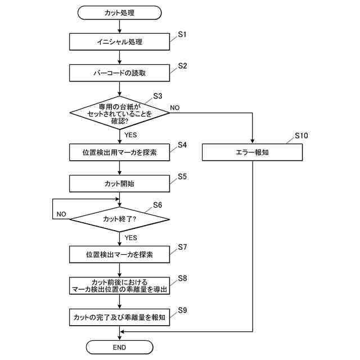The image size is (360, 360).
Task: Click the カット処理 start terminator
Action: [119, 13]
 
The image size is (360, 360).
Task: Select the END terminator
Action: [119, 347]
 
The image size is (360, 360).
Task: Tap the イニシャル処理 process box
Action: [119, 42]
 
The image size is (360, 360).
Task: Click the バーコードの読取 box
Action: [119, 73]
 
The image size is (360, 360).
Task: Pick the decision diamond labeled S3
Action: [119, 113]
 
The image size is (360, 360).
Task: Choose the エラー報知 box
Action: [253, 152]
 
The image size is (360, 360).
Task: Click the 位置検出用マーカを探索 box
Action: [119, 152]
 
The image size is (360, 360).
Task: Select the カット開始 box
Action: [119, 184]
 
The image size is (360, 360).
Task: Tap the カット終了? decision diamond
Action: [119, 219]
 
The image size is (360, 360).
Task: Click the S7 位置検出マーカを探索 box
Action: [119, 254]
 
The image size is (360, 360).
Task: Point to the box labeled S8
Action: [119, 286]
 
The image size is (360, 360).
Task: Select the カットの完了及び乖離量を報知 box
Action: [119, 317]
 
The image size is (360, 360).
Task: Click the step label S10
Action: [301, 136]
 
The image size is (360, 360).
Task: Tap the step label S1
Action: [182, 34]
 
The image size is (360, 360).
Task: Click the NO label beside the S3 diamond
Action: [175, 107]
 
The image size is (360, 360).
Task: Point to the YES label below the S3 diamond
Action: [130, 135]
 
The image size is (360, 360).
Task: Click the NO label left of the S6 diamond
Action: [61, 214]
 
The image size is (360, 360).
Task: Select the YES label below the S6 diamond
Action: [130, 237]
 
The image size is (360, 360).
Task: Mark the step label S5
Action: [182, 177]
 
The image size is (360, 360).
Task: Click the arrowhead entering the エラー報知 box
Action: [253, 141]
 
